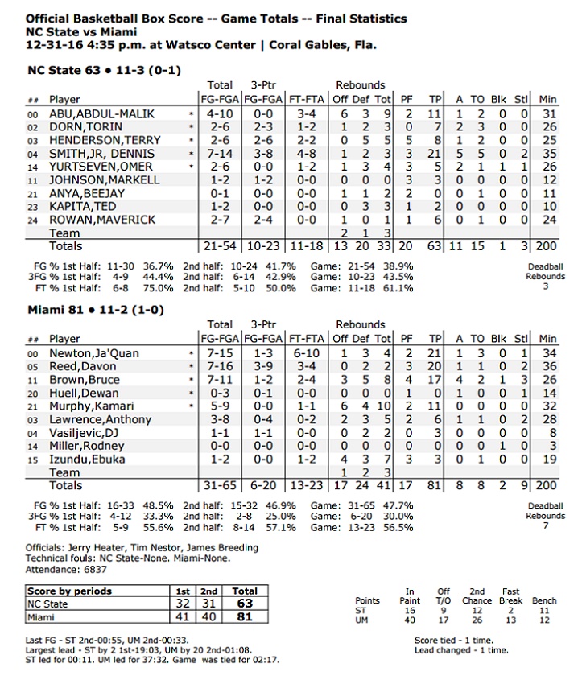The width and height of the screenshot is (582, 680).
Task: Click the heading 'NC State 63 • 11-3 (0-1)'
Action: click(x=104, y=70)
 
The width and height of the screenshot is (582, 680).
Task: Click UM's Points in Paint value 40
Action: click(x=411, y=620)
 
